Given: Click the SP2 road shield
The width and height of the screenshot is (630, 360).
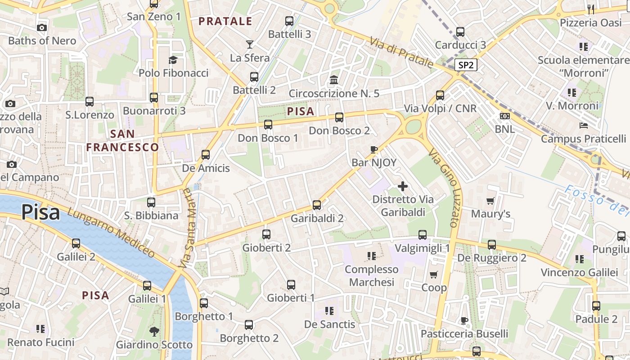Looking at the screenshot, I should tap(466, 65).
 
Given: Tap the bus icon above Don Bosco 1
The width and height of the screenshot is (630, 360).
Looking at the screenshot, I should tap(268, 125).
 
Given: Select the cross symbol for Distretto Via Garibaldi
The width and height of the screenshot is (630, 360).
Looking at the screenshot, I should tap(403, 186).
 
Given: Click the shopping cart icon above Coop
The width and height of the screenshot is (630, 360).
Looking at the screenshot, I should tap(434, 274).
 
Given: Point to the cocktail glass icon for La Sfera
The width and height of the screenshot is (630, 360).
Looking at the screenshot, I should tap(250, 44).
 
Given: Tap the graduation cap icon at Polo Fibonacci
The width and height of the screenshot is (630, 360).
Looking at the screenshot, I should tap(173, 60).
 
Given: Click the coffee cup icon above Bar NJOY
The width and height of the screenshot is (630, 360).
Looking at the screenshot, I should tap(373, 149).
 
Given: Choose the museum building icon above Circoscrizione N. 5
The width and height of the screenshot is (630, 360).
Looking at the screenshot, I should tap(334, 80).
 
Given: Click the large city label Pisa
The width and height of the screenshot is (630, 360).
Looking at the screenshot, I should tap(40, 212).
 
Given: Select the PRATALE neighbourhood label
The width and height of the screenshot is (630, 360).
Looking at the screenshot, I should tap(225, 21).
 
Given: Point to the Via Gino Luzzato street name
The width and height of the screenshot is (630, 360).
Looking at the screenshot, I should tap(444, 188).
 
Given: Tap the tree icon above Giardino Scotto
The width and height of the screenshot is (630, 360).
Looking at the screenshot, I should tap(154, 332).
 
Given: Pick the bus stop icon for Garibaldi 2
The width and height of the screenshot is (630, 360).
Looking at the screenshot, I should tap(317, 205).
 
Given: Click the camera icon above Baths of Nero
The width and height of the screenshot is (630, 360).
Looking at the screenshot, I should tap(42, 28).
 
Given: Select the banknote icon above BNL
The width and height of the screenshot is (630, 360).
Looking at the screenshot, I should tap(505, 116).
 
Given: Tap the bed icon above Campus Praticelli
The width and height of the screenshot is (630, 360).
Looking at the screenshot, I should tap(584, 126).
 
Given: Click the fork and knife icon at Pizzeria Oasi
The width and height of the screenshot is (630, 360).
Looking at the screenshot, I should tap(591, 9).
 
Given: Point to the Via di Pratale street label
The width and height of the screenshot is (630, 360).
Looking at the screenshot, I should tap(401, 53).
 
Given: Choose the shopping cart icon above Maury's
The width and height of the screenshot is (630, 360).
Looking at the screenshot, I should tap(490, 201).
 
